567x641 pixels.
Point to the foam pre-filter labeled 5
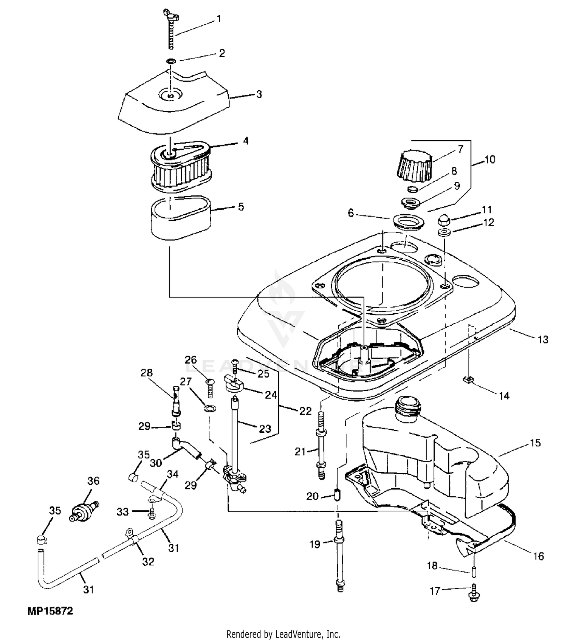(182, 218)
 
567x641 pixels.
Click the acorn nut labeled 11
(445, 219)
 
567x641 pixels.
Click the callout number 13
(543, 339)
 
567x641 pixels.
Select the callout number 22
(305, 411)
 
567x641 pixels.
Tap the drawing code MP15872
(50, 611)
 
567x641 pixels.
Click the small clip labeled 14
(468, 379)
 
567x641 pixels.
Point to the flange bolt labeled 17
(473, 592)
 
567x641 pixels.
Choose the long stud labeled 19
(339, 555)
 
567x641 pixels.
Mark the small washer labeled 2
(172, 61)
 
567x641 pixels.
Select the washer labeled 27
(210, 408)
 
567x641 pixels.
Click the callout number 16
(538, 556)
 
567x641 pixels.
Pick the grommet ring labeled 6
(408, 221)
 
